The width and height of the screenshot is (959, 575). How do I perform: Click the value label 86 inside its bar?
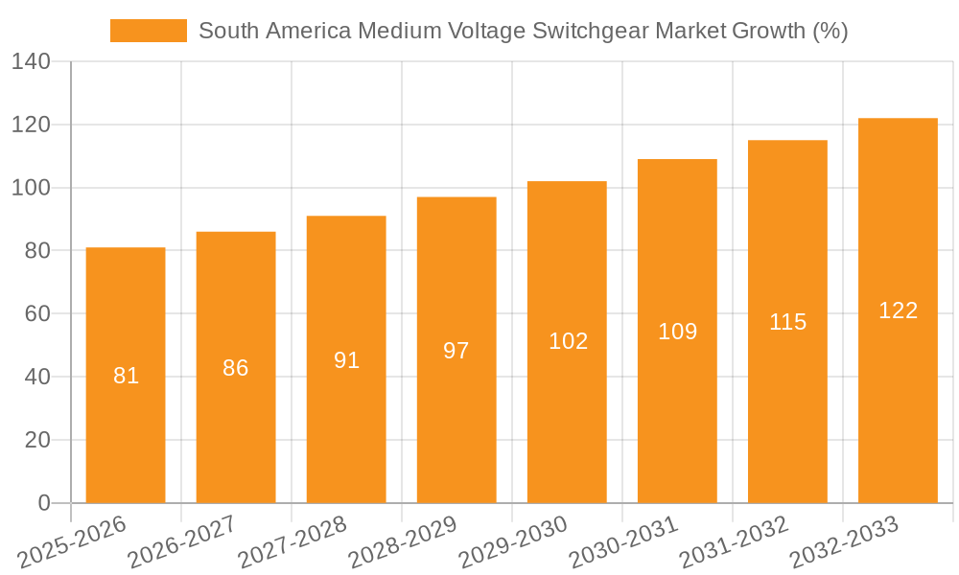(x=236, y=368)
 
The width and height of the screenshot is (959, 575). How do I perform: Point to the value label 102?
(x=568, y=341)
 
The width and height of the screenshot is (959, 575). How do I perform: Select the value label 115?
(x=787, y=322)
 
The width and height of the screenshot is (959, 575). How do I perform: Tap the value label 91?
(x=346, y=360)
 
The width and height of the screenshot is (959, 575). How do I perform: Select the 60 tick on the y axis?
(x=36, y=314)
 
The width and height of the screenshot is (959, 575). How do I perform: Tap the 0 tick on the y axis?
(x=43, y=503)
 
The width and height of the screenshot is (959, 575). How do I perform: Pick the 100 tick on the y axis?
(x=31, y=188)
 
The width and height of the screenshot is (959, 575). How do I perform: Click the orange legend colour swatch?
(x=149, y=31)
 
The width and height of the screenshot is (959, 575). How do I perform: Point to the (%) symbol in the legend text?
(x=830, y=31)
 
